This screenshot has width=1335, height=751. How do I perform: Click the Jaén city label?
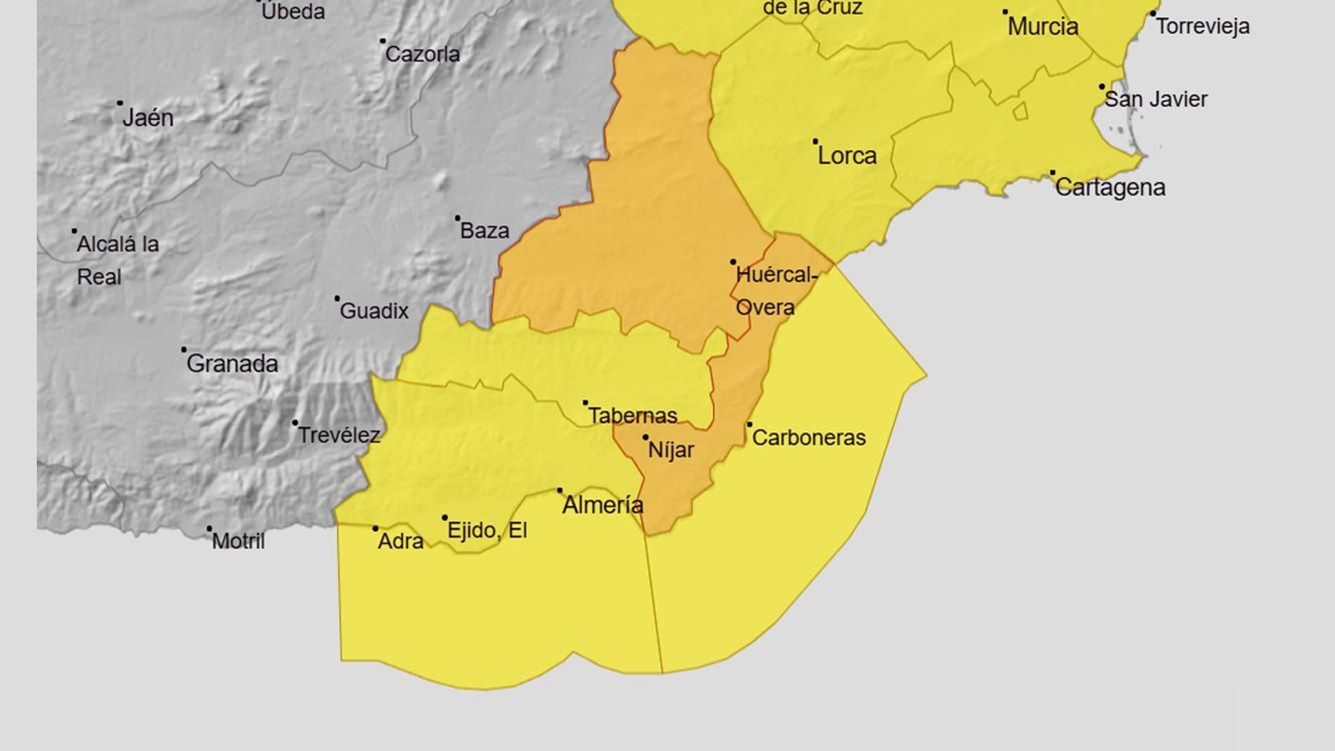click(148, 118)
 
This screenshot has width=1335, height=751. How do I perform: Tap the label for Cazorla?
click(422, 54)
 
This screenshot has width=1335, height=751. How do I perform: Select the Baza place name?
click(484, 230)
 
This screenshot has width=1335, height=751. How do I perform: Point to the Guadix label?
click(374, 311)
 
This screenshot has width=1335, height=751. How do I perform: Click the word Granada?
click(232, 364)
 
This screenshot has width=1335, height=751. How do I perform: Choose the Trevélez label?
click(339, 435)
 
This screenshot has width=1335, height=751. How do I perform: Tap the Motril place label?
click(238, 542)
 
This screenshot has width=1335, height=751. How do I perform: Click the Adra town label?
click(400, 542)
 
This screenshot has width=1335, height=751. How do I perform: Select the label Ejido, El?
click(486, 531)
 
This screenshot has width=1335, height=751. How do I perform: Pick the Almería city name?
click(602, 505)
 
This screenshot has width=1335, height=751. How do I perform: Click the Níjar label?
click(671, 451)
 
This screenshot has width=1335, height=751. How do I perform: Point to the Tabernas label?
click(632, 416)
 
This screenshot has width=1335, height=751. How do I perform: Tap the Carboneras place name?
click(809, 437)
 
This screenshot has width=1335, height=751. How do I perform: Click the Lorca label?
click(847, 156)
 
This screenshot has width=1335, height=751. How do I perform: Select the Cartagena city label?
click(1110, 187)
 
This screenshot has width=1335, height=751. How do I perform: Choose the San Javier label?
click(1156, 99)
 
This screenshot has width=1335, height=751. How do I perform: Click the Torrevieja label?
click(1202, 27)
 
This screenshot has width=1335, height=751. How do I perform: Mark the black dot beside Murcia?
click(1005, 13)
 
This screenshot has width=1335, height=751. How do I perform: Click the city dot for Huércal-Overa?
click(733, 262)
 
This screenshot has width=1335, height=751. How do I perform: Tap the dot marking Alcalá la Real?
click(74, 231)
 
